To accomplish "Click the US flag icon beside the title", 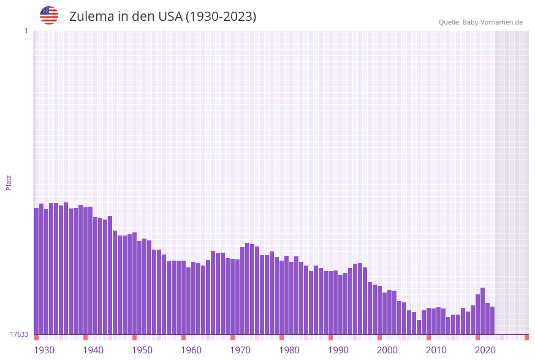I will [49, 15].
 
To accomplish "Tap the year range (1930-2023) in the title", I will [221, 17].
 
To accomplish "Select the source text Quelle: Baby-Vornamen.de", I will [480, 22].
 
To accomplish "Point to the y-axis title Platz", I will [9, 182].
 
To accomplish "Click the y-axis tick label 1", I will [26, 31].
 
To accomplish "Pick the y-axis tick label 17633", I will [19, 334].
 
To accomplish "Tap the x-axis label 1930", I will [44, 350].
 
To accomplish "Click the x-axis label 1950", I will [142, 350].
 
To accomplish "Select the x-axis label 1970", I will [240, 350].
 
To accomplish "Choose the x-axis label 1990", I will [338, 350].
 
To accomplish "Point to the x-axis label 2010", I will [436, 350].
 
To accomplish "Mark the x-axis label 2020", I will [485, 350].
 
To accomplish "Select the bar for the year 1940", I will [86, 270].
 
